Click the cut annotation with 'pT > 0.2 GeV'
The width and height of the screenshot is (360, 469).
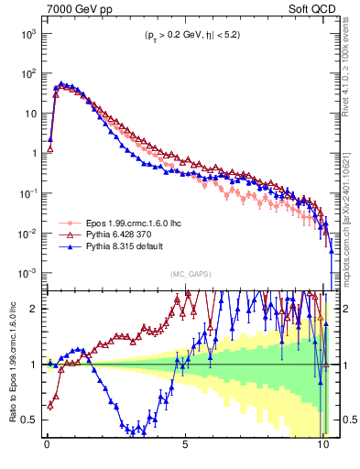(x=190, y=38)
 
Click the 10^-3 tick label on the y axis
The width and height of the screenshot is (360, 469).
(x=27, y=274)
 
